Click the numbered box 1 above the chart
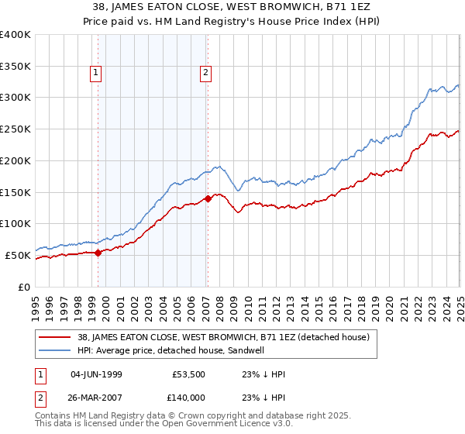95,74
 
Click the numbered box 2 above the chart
205,74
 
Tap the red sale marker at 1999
98,253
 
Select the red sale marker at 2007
208,198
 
